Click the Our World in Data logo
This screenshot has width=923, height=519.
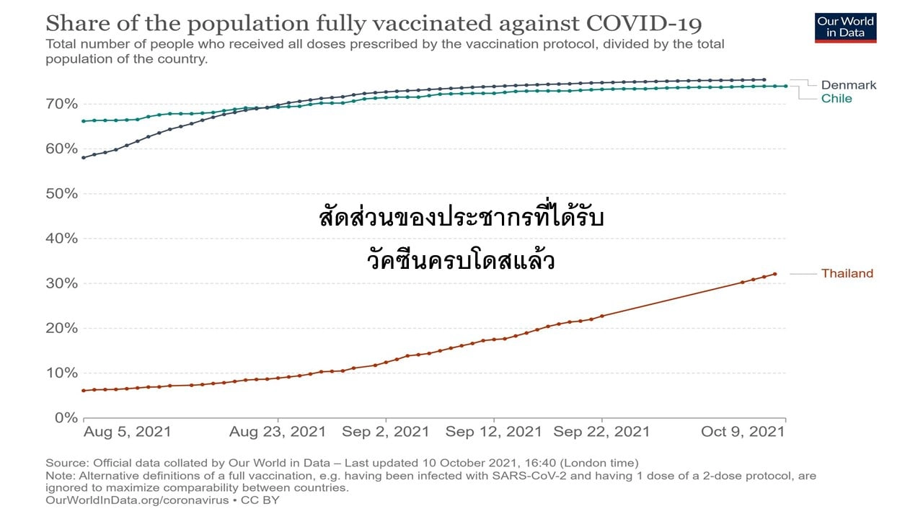846,27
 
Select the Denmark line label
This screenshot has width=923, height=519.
849,85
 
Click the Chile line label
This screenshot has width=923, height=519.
836,99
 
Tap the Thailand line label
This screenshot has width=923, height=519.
847,273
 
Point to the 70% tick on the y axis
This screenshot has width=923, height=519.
63,104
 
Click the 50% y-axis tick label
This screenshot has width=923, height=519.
63,193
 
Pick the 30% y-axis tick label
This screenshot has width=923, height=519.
63,283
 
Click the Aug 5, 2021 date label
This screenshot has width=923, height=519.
128,432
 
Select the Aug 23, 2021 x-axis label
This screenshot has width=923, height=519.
278,432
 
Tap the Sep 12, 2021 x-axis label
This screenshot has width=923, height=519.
493,432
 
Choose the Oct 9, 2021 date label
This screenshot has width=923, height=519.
743,432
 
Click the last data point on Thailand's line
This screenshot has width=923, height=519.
775,274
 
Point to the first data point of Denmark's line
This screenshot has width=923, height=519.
84,157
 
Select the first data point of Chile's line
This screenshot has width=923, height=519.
84,121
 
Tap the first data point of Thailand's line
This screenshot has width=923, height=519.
84,391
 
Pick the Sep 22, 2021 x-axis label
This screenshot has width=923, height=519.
601,432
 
